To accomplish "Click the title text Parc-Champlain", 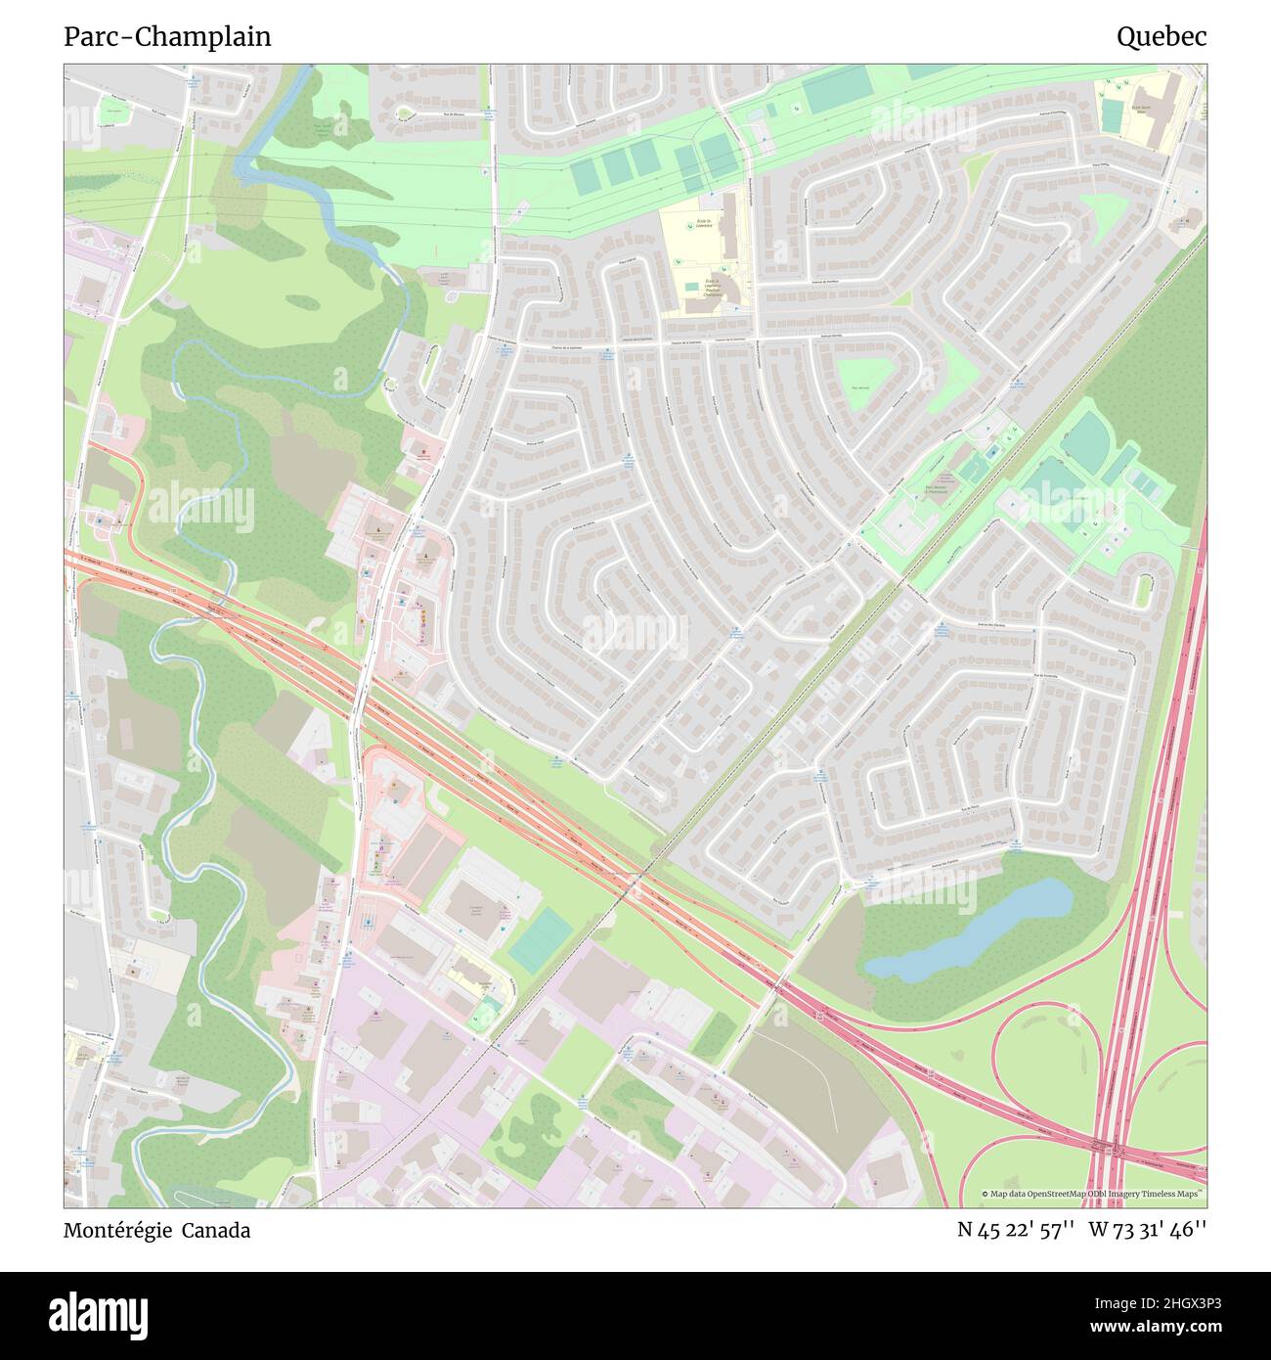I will coord(167,37).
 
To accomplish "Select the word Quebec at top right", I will coord(1161,37).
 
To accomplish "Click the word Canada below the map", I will coord(220,1231).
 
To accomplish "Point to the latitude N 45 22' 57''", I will coord(1017,1231).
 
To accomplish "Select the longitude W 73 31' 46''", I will coord(1148,1231).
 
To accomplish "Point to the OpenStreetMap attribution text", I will coord(1093,1194).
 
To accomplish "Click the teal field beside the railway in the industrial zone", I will coord(540,939).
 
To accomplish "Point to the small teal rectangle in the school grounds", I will coord(1112,115).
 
